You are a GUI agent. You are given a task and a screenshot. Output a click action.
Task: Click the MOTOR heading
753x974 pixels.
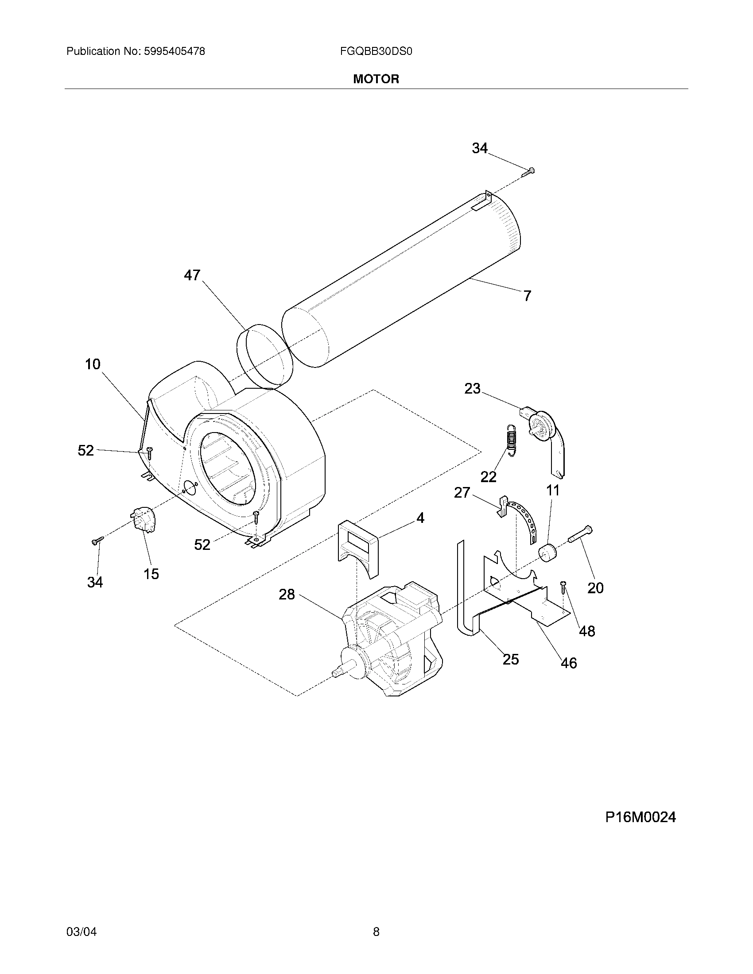pyautogui.click(x=376, y=79)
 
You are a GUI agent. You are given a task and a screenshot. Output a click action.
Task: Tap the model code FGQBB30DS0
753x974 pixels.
pyautogui.click(x=376, y=51)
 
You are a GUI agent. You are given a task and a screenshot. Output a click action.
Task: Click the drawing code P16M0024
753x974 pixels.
pyautogui.click(x=640, y=817)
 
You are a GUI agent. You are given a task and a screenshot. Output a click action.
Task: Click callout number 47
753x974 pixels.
pyautogui.click(x=192, y=275)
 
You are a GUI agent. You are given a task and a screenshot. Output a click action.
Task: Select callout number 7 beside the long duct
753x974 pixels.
pyautogui.click(x=527, y=295)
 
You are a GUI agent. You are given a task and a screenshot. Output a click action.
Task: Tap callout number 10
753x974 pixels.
pyautogui.click(x=93, y=364)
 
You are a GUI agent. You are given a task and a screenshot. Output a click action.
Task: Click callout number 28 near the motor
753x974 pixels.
pyautogui.click(x=287, y=594)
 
